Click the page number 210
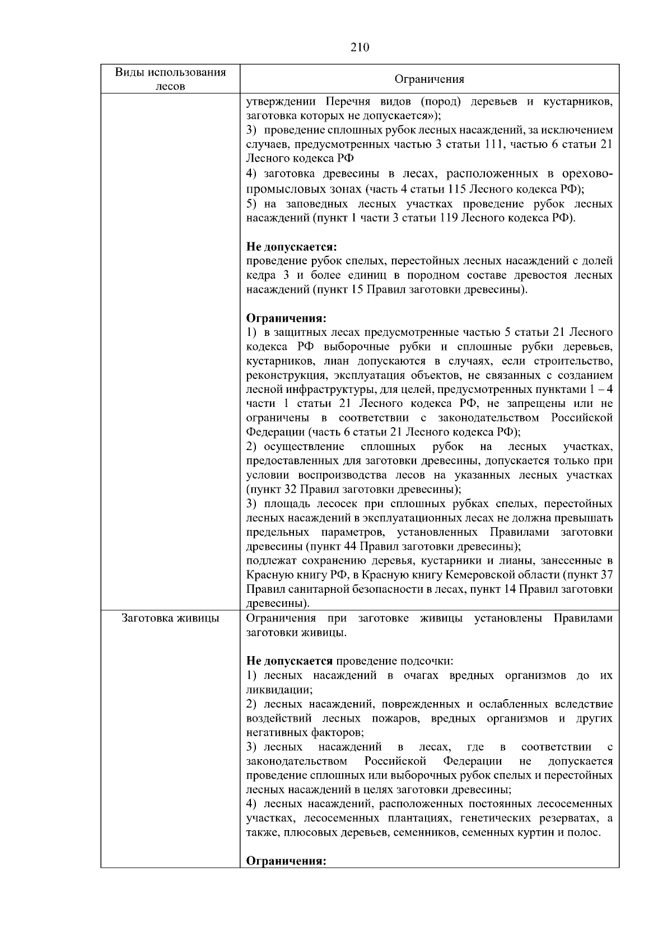coord(360,48)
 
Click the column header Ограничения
coord(430,79)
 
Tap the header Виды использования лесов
coord(170,79)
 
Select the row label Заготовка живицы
coord(170,619)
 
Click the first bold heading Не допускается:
coord(292,247)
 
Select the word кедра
coord(261,275)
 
